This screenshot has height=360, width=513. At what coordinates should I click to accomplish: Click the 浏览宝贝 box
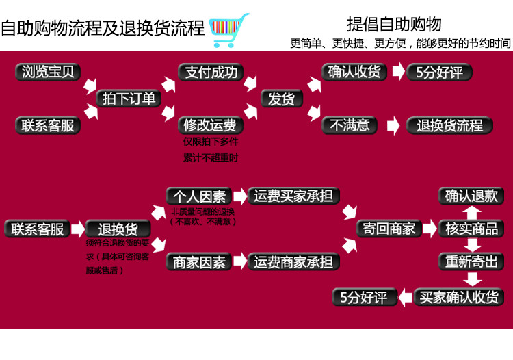(x=48, y=72)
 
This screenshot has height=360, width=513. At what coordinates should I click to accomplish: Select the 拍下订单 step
(x=129, y=99)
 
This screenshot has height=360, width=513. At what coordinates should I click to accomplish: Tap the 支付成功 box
(x=211, y=72)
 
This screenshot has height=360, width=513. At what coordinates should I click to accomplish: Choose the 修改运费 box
(x=210, y=125)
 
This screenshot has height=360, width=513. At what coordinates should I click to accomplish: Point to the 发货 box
(x=281, y=99)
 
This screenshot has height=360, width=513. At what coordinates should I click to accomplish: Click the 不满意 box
(x=350, y=125)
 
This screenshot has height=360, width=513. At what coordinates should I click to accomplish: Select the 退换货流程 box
(x=449, y=125)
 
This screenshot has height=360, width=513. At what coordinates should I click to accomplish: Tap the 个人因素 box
(x=198, y=196)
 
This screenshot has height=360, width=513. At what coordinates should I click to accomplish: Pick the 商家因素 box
(x=198, y=261)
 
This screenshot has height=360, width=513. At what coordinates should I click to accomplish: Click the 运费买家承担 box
(x=293, y=196)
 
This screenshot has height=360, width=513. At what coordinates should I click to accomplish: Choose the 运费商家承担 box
(x=293, y=261)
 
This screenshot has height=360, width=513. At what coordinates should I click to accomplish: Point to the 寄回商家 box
(x=389, y=229)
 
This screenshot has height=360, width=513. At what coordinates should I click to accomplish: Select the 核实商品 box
(x=472, y=229)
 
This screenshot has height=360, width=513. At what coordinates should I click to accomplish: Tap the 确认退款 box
(x=472, y=196)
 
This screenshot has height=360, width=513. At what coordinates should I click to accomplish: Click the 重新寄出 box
(x=472, y=261)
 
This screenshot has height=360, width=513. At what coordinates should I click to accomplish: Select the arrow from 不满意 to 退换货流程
(x=393, y=126)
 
